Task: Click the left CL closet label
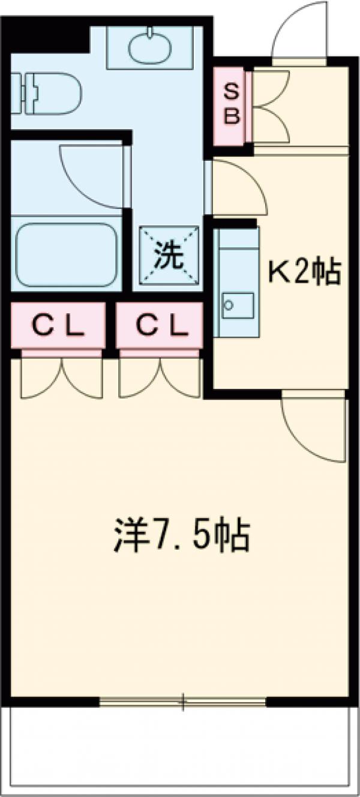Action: click(58, 326)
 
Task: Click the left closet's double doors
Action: click(62, 378)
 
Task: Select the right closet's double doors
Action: click(160, 378)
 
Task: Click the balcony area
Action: click(180, 750)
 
